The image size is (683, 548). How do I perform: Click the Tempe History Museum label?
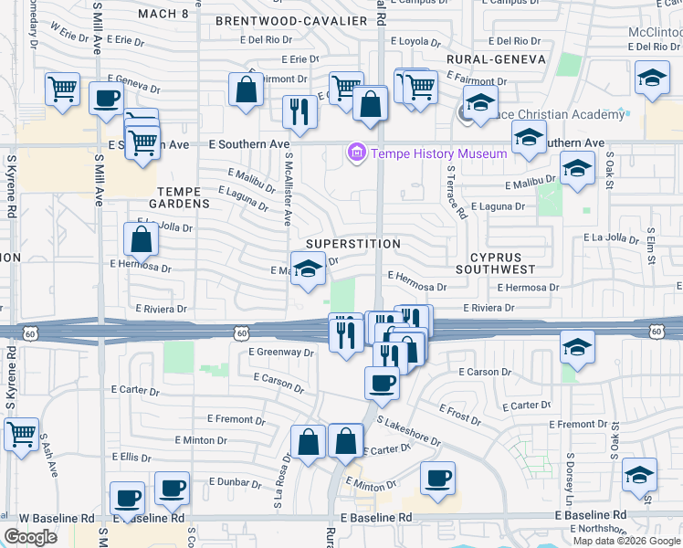[x=438, y=153]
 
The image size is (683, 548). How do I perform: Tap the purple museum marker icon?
[x=356, y=153]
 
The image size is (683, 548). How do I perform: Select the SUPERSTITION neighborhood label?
[x=353, y=244]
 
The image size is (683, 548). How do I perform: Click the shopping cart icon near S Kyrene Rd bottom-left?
[x=22, y=435]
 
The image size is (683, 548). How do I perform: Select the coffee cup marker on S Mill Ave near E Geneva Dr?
[x=106, y=98]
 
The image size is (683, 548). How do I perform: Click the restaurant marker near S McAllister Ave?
[x=299, y=112]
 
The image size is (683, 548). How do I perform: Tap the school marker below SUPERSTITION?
[x=309, y=269]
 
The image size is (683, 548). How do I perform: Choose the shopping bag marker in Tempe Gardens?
[x=142, y=239]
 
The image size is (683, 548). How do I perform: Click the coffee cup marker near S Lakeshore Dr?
[x=382, y=384]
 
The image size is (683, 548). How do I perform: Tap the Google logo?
[x=30, y=537]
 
